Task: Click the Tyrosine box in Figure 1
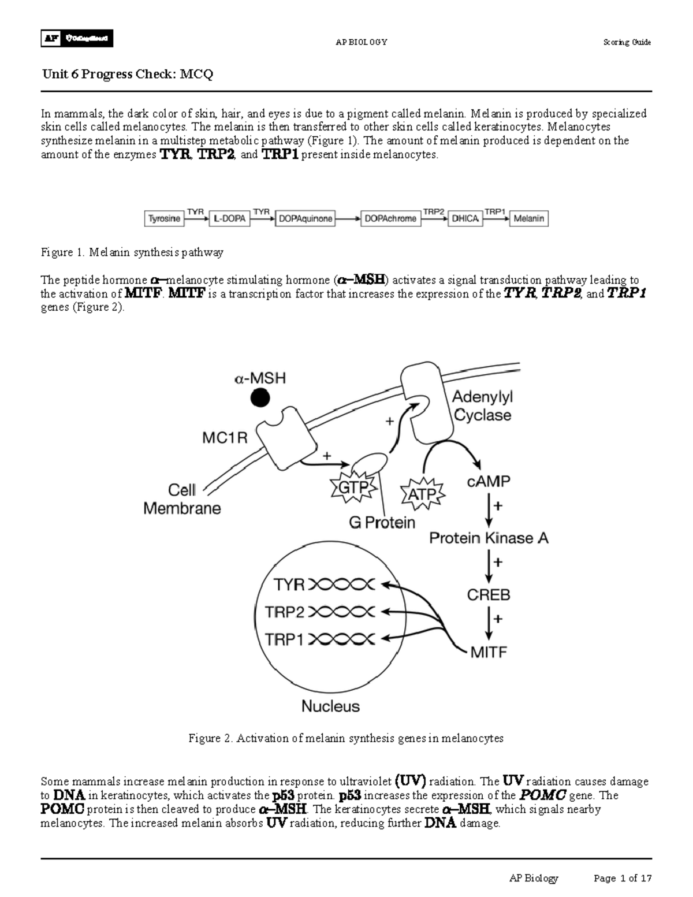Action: [x=164, y=219]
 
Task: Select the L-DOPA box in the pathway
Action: [x=229, y=219]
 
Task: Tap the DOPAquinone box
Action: [x=305, y=219]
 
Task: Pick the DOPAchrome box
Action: [x=390, y=219]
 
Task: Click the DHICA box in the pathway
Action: [x=465, y=219]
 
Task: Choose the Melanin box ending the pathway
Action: [x=528, y=219]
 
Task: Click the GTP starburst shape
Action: [x=352, y=488]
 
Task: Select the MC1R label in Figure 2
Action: [x=225, y=438]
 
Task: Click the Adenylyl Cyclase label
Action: [x=482, y=406]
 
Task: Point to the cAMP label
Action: [x=489, y=481]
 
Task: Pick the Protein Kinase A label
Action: [x=489, y=538]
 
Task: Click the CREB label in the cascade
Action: [x=489, y=594]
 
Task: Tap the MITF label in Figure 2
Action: [x=489, y=652]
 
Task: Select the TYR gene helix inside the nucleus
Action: [x=342, y=585]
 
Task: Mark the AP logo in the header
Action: [x=50, y=39]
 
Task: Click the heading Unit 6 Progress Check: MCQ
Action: [x=128, y=75]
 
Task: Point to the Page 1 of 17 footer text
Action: [x=623, y=879]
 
